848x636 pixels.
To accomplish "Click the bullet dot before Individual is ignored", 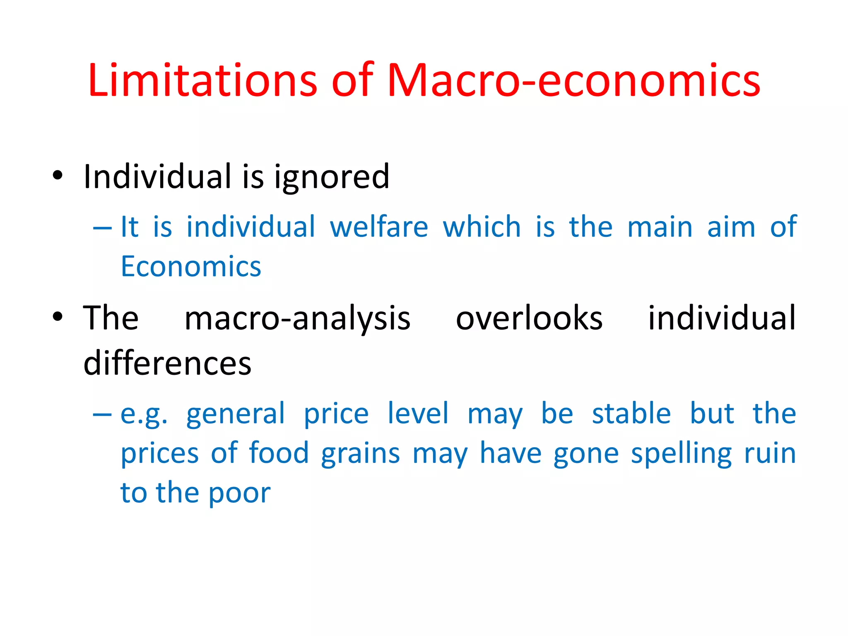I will (x=58, y=175).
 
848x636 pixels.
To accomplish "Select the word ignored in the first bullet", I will (x=332, y=177).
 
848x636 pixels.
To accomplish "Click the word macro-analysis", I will (x=297, y=318).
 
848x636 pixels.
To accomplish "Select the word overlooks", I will (x=529, y=318).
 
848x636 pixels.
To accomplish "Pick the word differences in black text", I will (x=167, y=363).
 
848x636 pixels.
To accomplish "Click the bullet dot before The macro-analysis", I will (x=58, y=317).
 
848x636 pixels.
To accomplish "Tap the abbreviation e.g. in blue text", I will (x=144, y=414).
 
